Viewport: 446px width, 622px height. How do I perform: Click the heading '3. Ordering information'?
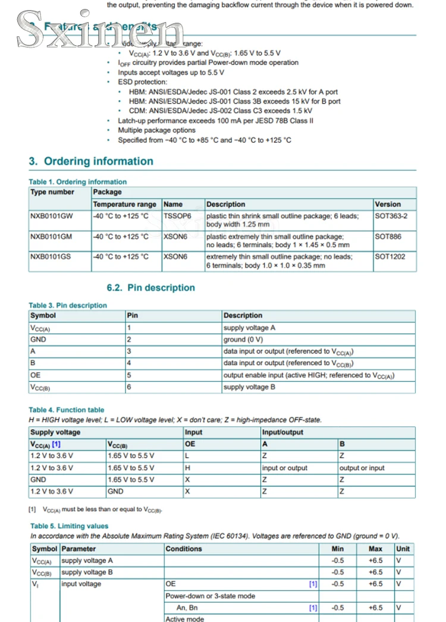click(x=90, y=161)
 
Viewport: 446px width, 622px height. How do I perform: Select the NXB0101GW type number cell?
click(x=52, y=216)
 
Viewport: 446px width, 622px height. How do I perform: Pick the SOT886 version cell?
click(x=388, y=236)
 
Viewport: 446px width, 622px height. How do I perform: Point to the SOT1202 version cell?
click(x=390, y=257)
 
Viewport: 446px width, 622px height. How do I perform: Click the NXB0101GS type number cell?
click(x=51, y=257)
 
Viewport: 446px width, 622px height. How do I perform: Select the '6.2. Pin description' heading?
click(x=151, y=287)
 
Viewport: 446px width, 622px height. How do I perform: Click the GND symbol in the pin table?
click(x=38, y=339)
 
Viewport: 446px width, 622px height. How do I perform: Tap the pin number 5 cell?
click(x=129, y=375)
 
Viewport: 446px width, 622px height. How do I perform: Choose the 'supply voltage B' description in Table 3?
click(x=249, y=387)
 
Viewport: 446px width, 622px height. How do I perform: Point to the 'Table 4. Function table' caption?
click(x=66, y=410)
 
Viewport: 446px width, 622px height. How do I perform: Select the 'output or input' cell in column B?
click(x=362, y=468)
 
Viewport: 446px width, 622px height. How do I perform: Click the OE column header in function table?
click(x=190, y=444)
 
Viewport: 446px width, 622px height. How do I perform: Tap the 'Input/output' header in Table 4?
click(x=282, y=432)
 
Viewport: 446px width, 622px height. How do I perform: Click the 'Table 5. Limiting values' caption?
click(x=70, y=526)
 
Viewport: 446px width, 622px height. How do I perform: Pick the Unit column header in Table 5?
click(x=403, y=549)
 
